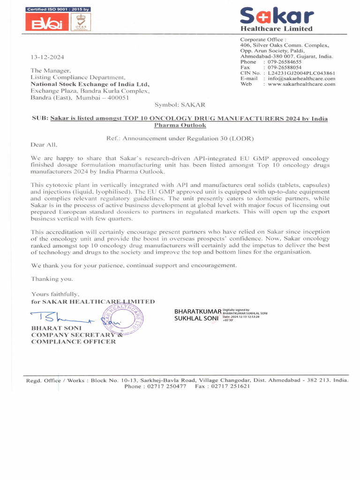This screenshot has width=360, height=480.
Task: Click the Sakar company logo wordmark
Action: coord(277,17)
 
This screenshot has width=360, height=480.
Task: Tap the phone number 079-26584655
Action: coord(285,62)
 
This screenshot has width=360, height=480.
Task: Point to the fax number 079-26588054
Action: coord(285,67)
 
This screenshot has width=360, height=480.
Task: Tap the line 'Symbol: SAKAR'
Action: coord(180,105)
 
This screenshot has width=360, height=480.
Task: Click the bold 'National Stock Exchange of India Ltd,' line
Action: coord(90,84)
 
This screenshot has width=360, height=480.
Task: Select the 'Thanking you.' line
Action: coord(52,279)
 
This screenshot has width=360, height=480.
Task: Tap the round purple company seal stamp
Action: coord(123,319)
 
